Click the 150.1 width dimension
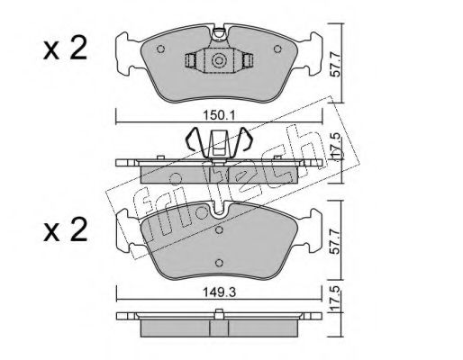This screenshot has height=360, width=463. pyautogui.click(x=220, y=115)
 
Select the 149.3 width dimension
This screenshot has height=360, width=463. pyautogui.click(x=220, y=292)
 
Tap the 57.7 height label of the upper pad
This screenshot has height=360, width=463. pyautogui.click(x=337, y=65)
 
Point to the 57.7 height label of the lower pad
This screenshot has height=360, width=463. pyautogui.click(x=337, y=242)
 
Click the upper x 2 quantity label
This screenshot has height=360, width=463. pyautogui.click(x=65, y=49)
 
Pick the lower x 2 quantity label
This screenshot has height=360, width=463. pyautogui.click(x=65, y=229)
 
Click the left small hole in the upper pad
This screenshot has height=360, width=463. pyautogui.click(x=161, y=49)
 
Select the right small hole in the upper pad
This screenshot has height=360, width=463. pyautogui.click(x=277, y=49)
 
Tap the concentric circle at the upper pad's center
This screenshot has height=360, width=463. pyautogui.click(x=219, y=61)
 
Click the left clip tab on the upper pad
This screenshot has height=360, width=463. pyautogui.click(x=190, y=60)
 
